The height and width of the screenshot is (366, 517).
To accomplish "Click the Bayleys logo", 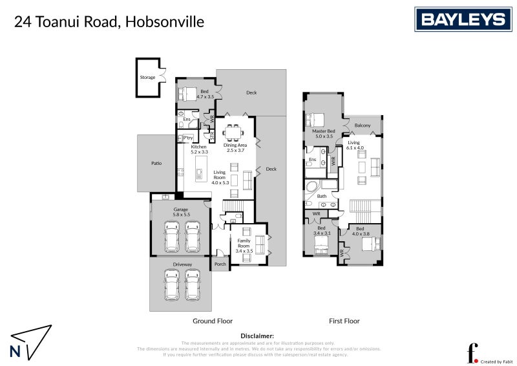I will (462, 19).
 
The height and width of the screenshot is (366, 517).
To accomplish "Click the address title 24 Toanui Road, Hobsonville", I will (109, 22).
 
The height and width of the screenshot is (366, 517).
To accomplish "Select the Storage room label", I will (147, 78).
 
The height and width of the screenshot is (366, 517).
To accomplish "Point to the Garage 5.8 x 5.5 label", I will (180, 213).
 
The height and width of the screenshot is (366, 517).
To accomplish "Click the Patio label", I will (156, 163).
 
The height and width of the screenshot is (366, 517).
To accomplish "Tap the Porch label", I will (220, 264).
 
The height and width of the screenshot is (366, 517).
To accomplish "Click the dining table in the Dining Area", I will (233, 133).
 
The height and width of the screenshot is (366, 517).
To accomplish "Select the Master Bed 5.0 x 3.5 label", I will (322, 134).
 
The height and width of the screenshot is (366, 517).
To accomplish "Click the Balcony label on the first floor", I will (363, 125).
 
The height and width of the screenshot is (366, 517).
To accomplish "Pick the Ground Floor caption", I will (213, 321).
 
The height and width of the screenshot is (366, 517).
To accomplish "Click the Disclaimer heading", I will (257, 336).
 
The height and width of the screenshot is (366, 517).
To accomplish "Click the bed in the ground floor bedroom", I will (187, 94).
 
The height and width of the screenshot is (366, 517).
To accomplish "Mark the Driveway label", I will (182, 264).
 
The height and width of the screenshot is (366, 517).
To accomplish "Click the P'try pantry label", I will (188, 138).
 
